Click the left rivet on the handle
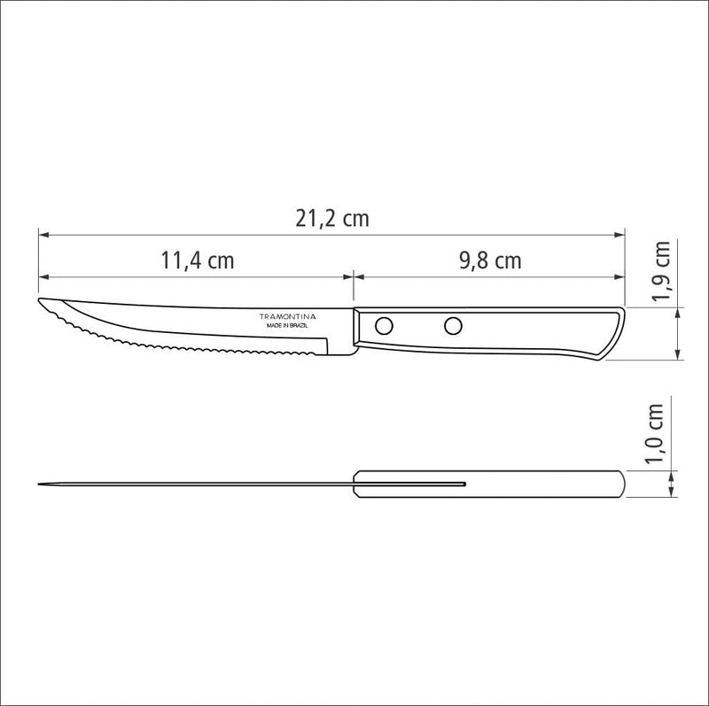click(x=384, y=325)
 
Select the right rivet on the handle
click(x=453, y=325)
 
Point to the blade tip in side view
click(x=41, y=303)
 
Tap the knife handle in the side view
click(x=487, y=333)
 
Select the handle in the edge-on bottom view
click(x=532, y=484)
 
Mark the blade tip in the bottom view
click(x=40, y=484)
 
